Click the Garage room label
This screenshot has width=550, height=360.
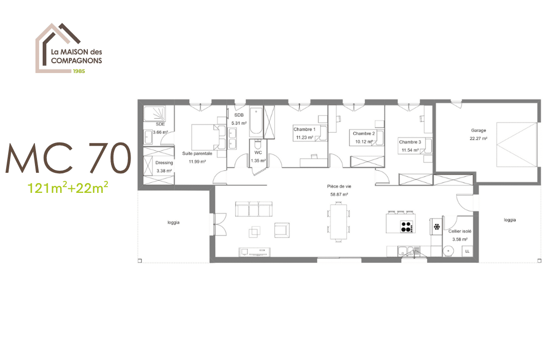point(479,131)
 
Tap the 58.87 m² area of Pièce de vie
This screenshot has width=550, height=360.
point(339,195)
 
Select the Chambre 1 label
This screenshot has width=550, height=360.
point(304,129)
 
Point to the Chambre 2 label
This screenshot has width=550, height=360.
point(364,133)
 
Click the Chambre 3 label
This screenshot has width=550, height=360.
point(410,142)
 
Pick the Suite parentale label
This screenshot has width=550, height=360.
point(197,153)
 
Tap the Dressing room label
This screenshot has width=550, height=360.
point(164,163)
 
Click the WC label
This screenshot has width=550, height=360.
point(258,153)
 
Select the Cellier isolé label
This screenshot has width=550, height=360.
point(460,231)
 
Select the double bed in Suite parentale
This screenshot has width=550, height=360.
point(205,136)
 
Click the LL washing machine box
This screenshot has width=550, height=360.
point(467,251)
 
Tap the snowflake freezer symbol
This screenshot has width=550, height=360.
point(437,226)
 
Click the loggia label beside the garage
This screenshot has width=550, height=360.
point(509,220)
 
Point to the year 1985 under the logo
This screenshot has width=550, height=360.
point(79,71)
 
